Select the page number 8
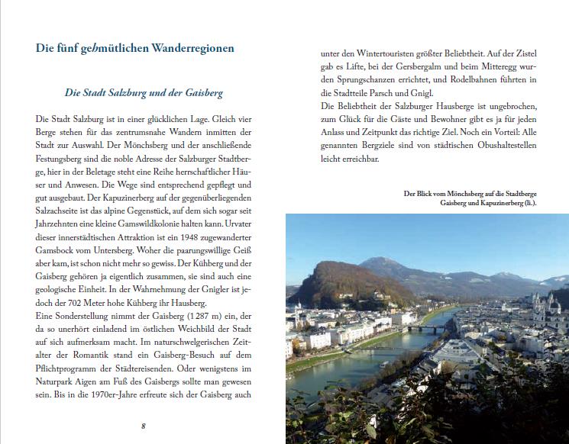(x=143, y=425)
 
